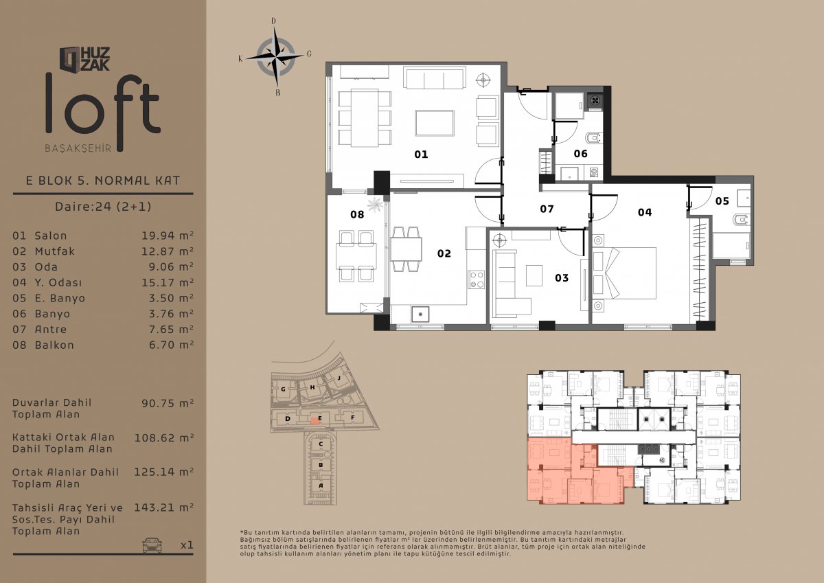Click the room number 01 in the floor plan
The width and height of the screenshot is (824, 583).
pos(421,154)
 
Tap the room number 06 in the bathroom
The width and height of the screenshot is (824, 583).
pos(580,153)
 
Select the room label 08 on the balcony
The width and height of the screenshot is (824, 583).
pos(357,214)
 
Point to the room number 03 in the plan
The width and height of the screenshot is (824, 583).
pos(562,277)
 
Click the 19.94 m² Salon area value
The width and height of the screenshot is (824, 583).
pos(168,236)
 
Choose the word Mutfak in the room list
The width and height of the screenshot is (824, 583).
pos(54,251)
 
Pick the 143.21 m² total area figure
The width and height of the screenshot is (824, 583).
pos(163,507)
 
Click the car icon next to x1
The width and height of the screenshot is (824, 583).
pos(152,545)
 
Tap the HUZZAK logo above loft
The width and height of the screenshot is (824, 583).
pos(84,59)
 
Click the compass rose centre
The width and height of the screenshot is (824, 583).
pos(275,58)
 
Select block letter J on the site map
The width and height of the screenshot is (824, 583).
pos(339,378)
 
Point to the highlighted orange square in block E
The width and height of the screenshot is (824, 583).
pos(314,421)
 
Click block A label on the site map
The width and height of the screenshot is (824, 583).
pos(321,485)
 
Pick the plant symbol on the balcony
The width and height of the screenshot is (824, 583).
pos(375,205)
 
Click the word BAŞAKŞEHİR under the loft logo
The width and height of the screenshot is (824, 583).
pos(78,148)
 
